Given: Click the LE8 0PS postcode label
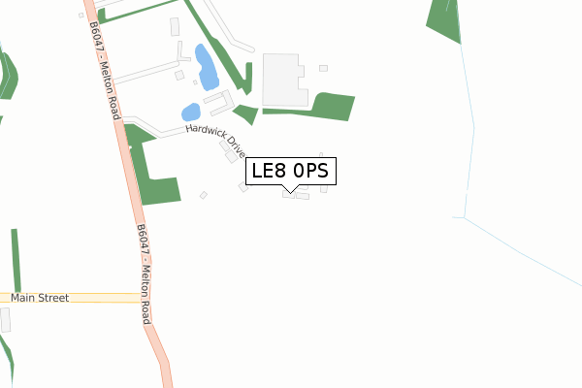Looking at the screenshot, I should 292,171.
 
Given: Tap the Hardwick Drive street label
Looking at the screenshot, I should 216,138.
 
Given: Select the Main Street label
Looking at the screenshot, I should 40,298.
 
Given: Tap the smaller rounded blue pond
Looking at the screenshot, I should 191,112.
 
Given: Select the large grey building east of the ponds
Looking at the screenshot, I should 284,80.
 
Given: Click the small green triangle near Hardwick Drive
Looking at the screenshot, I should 247,114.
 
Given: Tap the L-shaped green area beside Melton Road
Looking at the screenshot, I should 155,175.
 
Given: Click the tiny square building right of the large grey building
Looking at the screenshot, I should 323,68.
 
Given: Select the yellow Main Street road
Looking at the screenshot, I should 73,298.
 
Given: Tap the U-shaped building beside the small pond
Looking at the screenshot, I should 220,100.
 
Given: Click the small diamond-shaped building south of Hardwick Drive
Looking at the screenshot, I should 204,195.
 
